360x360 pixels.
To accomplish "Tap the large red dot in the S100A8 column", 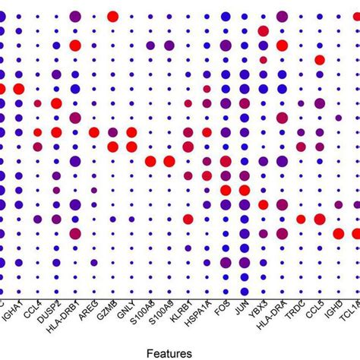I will [150, 160].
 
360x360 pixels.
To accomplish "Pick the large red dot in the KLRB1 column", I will [188, 219].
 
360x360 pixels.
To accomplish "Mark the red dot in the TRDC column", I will [301, 219].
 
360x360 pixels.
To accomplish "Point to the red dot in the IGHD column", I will [338, 233].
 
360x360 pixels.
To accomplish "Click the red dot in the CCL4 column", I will [37, 132].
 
